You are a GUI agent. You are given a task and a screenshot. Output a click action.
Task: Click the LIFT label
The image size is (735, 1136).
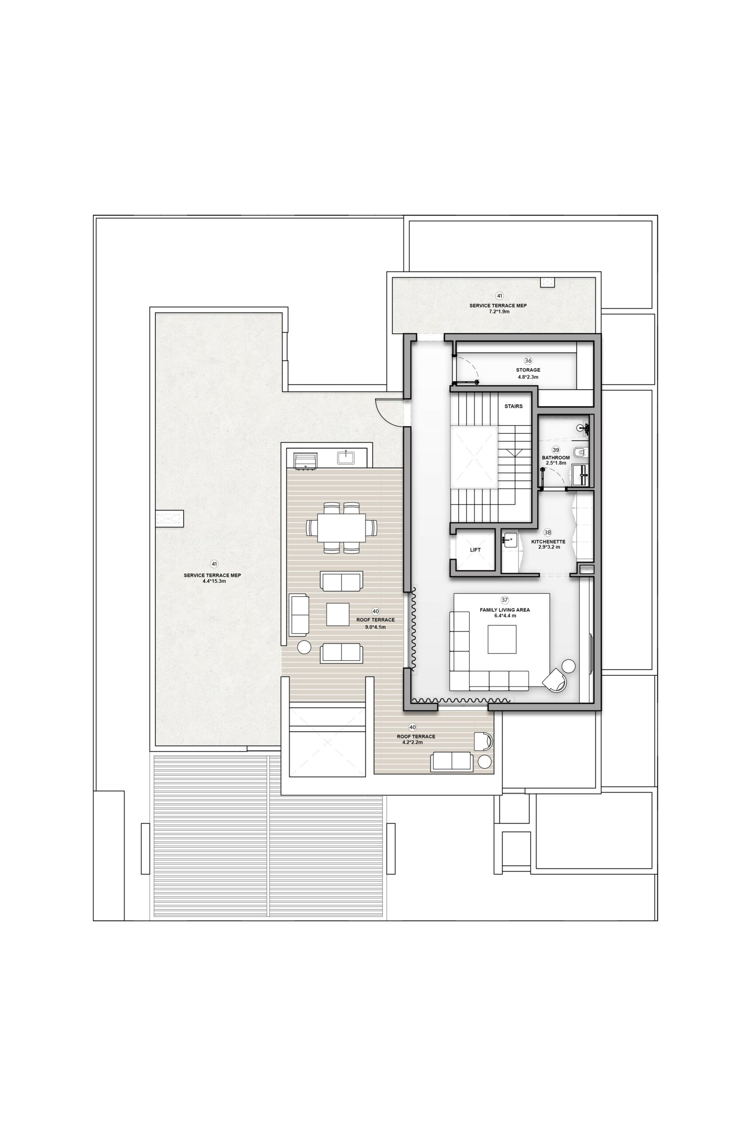(475, 550)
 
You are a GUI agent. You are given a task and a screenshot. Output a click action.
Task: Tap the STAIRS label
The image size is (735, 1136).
(514, 406)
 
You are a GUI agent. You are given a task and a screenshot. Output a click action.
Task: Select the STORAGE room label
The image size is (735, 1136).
(528, 370)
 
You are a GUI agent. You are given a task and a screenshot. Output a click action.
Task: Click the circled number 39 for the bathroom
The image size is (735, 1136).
(556, 450)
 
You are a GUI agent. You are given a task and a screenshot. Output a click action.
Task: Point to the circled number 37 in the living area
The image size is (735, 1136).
(505, 600)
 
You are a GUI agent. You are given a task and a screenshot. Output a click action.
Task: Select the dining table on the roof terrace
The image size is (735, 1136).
(342, 527)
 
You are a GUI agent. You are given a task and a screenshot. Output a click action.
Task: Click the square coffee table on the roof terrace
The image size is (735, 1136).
(338, 615)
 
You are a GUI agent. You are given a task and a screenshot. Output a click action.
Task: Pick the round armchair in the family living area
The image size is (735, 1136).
(555, 680)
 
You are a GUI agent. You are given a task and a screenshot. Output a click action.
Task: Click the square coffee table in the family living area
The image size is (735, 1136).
(502, 639)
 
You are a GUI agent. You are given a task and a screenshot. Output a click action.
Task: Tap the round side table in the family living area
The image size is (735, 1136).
(569, 666)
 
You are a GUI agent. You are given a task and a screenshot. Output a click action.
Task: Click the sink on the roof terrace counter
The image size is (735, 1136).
(346, 458)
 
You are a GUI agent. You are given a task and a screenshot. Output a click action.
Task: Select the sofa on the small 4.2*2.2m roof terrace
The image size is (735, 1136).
(452, 761)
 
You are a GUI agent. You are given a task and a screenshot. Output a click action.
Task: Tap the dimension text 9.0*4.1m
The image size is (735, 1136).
(375, 627)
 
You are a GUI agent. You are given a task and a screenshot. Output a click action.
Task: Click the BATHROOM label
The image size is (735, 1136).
(556, 458)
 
